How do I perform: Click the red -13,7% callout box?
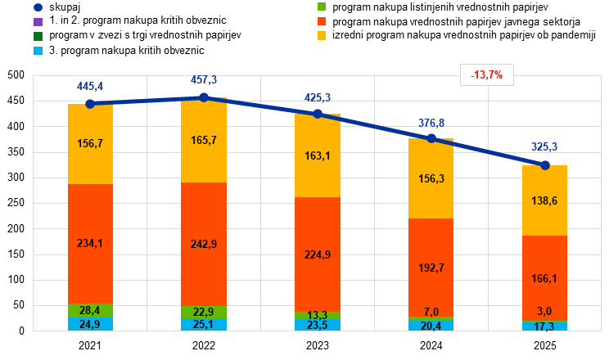coord(487,75)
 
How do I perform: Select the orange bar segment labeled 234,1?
coord(90,243)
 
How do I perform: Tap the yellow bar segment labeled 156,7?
coord(90,143)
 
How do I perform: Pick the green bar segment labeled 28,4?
coord(90,310)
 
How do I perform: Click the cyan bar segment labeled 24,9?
coord(90,324)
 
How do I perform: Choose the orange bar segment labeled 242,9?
coord(204,244)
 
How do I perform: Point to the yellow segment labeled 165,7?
coord(204,140)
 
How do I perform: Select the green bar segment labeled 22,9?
coord(204,312)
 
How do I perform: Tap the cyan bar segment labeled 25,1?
coord(204,325)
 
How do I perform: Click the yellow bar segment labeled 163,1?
coord(318,155)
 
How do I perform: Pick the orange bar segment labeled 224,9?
coord(318,254)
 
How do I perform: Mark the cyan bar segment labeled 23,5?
coord(318,325)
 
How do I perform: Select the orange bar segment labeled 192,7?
coord(431,267)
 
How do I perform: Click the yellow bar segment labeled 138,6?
coord(545,200)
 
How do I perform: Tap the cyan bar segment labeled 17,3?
coord(545,326)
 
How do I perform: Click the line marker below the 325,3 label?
coord(545,164)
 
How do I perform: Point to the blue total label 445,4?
coord(90,86)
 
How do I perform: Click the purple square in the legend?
coord(38,22)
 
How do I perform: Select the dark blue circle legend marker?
coord(38,7)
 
